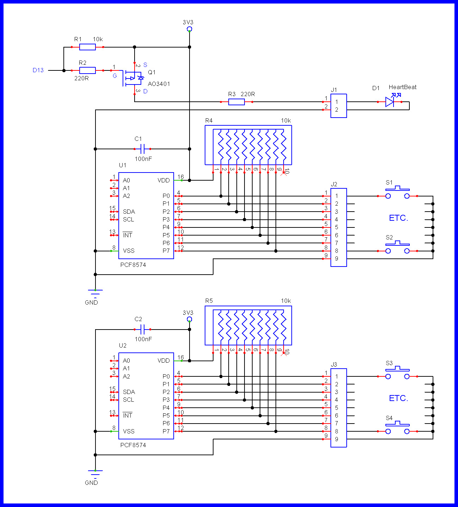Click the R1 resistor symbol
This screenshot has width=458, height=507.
pos(87,47)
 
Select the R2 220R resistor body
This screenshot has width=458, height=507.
pos(87,70)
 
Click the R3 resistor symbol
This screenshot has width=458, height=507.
pos(236,102)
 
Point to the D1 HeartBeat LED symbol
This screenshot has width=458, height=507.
pos(390,102)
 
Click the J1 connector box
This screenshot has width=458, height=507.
pos(339,106)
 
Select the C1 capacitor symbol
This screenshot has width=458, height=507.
pos(142,149)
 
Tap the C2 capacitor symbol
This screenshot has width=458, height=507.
pos(142,330)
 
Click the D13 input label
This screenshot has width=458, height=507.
pos(38,70)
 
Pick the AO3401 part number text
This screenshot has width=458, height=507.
pos(159,84)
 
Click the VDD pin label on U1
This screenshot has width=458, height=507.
pos(163,181)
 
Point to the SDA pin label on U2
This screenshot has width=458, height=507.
pos(129,392)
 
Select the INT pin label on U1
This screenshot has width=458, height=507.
pos(128,235)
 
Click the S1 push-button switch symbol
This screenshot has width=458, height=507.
pos(397,193)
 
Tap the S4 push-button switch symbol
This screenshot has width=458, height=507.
pos(397,428)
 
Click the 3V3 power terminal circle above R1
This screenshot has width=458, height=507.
pos(190,29)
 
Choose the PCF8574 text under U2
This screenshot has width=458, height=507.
pos(133,445)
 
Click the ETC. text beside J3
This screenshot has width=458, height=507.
pos(398,399)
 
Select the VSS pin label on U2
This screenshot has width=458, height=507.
pos(129,431)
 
